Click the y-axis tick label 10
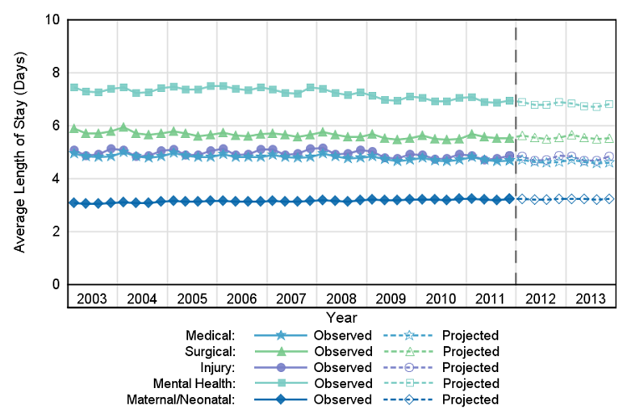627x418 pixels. click(52, 19)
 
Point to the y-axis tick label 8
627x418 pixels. click(55, 72)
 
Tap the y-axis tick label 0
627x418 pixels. click(55, 284)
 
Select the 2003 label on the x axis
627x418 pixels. click(92, 299)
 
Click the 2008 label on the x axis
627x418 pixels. click(341, 299)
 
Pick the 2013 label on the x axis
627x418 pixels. click(589, 299)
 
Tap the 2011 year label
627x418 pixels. click(490, 299)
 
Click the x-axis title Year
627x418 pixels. click(341, 318)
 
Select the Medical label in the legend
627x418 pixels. click(212, 335)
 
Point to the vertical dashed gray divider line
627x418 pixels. click(515, 167)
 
